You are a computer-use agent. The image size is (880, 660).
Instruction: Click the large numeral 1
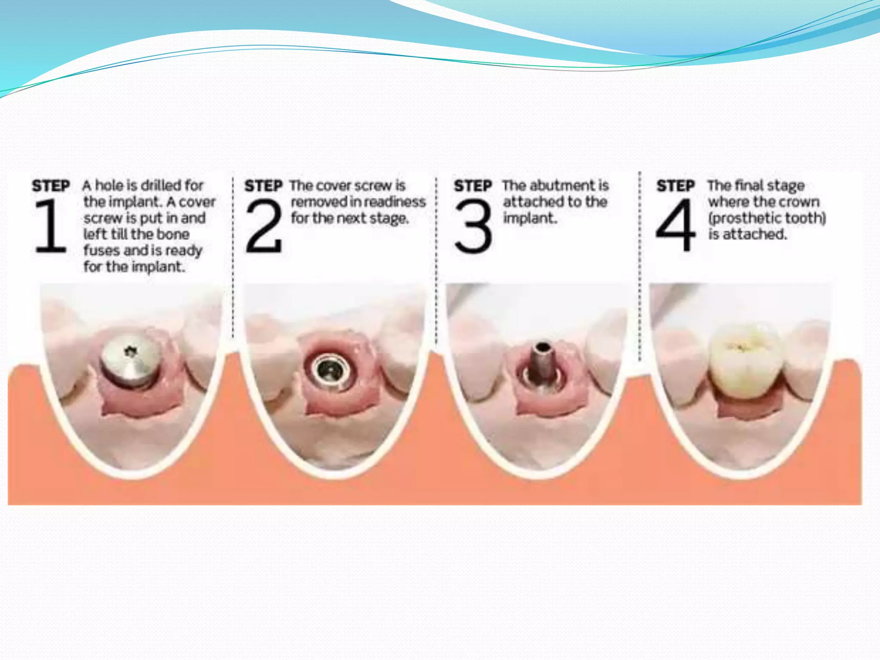(x=51, y=226)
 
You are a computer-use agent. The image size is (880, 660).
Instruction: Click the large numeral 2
(x=263, y=226)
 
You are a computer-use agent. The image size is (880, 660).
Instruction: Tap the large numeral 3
(x=473, y=226)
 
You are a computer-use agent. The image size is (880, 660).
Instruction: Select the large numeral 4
(x=675, y=225)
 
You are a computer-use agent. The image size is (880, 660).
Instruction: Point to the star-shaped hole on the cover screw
(x=129, y=352)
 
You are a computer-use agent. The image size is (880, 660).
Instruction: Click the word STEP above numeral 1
(x=51, y=186)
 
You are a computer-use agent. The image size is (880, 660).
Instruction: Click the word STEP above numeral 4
(x=675, y=186)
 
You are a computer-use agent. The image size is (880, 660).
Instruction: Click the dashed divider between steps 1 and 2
(x=233, y=258)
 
